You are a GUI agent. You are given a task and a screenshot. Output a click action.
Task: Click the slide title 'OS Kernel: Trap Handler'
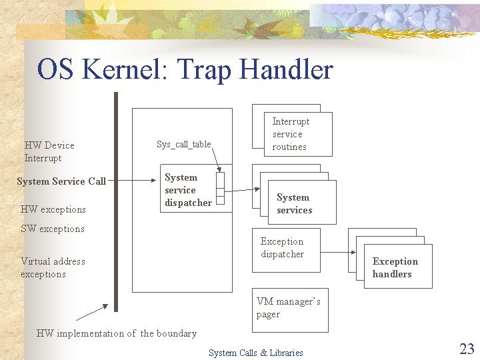[x=185, y=69]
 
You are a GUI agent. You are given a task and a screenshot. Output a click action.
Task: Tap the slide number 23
[x=467, y=349]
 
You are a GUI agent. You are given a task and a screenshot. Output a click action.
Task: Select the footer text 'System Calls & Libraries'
[x=256, y=353]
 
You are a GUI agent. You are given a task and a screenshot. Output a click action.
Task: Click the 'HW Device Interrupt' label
[x=49, y=151]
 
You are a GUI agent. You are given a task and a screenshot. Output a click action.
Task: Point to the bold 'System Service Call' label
[x=61, y=181]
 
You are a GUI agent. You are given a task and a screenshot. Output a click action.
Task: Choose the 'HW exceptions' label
[x=53, y=209]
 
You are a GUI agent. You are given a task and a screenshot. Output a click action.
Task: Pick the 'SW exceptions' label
[x=53, y=229]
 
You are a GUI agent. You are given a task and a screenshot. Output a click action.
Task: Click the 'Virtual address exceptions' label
[x=53, y=267]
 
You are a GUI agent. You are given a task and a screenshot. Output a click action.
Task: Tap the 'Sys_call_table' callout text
[x=184, y=144]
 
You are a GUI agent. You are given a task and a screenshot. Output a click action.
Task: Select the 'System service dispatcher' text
[x=188, y=190]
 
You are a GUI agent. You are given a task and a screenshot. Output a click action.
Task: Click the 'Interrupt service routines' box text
[x=291, y=134]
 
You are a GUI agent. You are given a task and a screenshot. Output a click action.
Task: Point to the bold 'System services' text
[x=295, y=203]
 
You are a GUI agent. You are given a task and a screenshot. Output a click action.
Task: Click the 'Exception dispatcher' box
[x=286, y=250]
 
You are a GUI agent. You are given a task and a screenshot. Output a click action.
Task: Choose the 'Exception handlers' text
[x=395, y=267]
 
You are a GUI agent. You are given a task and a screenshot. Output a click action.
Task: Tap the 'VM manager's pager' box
[x=290, y=310]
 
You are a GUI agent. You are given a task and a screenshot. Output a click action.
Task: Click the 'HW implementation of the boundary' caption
[x=116, y=333]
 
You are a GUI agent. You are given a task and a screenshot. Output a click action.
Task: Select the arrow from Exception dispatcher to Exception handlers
[x=338, y=252]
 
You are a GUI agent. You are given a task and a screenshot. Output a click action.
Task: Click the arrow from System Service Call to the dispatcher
[x=132, y=180]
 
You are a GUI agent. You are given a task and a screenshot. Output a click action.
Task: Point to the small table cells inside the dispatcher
[x=220, y=188]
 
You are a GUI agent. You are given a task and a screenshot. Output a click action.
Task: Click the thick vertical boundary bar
[x=116, y=202]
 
